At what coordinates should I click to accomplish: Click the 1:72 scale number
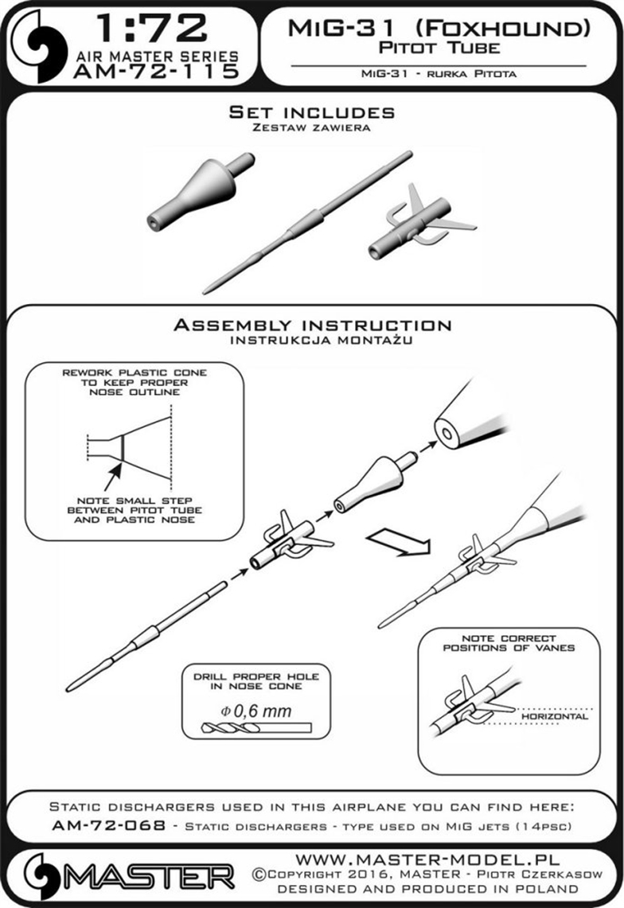[x=152, y=28]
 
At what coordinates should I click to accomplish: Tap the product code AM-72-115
[x=157, y=72]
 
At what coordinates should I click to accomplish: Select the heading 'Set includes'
[x=312, y=111]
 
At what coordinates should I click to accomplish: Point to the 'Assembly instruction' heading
[x=312, y=325]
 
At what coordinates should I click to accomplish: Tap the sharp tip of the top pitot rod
[x=205, y=290]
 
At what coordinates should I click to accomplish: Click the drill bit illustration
[x=256, y=728]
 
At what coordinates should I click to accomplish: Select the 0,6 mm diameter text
[x=255, y=711]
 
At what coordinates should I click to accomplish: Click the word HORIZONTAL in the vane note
[x=555, y=716]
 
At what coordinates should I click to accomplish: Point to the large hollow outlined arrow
[x=400, y=544]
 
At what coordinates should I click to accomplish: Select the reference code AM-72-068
[x=109, y=825]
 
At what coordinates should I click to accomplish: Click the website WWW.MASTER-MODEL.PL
[x=427, y=859]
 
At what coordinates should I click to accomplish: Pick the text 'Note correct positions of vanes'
[x=509, y=643]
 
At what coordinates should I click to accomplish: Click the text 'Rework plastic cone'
[x=135, y=372]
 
